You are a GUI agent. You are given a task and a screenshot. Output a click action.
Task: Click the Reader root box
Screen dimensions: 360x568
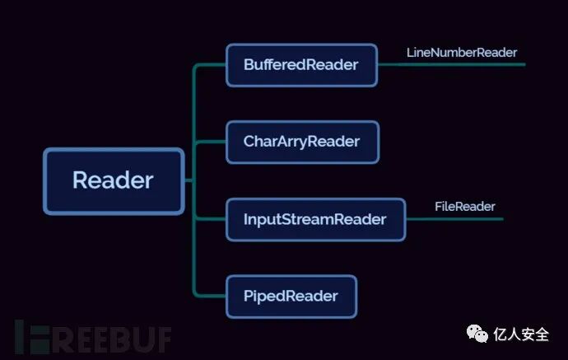click(x=113, y=180)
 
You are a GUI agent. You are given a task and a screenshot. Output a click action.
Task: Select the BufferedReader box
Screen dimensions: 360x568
click(x=301, y=64)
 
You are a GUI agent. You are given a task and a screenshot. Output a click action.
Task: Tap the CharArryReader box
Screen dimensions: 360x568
click(x=301, y=142)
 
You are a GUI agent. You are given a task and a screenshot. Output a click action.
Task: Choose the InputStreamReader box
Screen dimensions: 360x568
click(x=315, y=219)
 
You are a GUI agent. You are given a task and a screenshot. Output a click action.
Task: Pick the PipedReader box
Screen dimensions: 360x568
click(x=291, y=296)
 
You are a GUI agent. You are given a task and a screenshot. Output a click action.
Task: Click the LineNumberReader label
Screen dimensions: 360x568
click(x=461, y=53)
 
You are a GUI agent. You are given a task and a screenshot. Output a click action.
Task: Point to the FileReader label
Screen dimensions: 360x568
click(x=464, y=207)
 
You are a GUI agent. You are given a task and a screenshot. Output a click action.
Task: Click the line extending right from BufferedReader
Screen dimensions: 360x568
click(x=453, y=64)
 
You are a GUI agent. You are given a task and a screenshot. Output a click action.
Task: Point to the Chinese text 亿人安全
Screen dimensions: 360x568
click(x=521, y=334)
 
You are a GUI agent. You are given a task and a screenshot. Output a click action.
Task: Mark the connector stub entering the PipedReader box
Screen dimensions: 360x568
click(x=211, y=296)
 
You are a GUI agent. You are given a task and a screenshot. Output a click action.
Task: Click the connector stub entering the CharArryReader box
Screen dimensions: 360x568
click(x=211, y=142)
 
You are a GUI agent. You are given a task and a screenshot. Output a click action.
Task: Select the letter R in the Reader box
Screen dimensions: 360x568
click(x=81, y=180)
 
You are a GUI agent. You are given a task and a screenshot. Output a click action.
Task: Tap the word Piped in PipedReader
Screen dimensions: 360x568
click(x=263, y=296)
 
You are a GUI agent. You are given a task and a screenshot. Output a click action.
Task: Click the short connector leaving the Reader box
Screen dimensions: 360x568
click(x=189, y=180)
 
